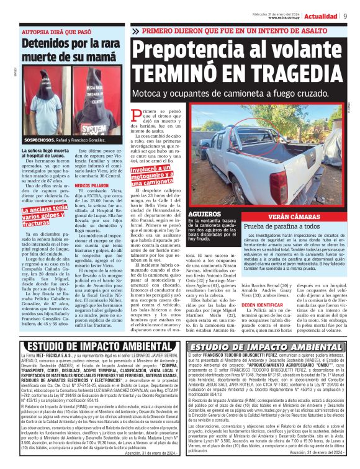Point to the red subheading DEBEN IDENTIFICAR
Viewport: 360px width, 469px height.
point(263,306)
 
